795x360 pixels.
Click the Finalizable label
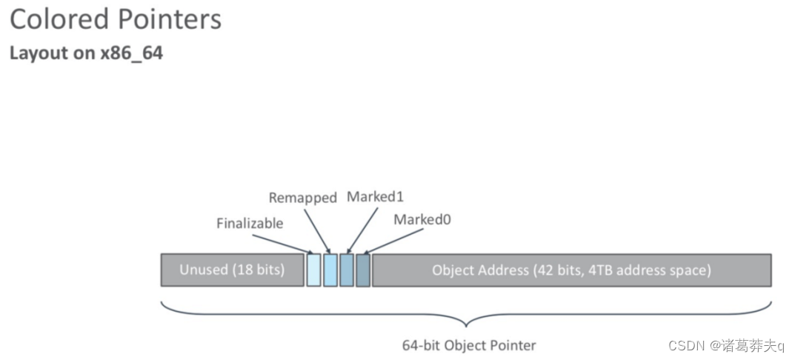pos(250,223)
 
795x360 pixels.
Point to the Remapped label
pos(302,198)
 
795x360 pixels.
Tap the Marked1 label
pos(375,197)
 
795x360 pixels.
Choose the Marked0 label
pos(422,219)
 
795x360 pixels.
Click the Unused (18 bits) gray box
pos(232,270)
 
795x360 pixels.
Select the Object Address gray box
pos(571,270)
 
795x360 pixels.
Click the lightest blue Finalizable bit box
pos(313,270)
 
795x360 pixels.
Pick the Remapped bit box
pos(330,270)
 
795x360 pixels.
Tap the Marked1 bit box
pos(347,270)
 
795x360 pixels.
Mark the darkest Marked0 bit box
pos(363,270)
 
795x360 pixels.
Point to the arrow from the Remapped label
pos(316,230)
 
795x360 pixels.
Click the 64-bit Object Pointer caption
pos(468,345)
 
